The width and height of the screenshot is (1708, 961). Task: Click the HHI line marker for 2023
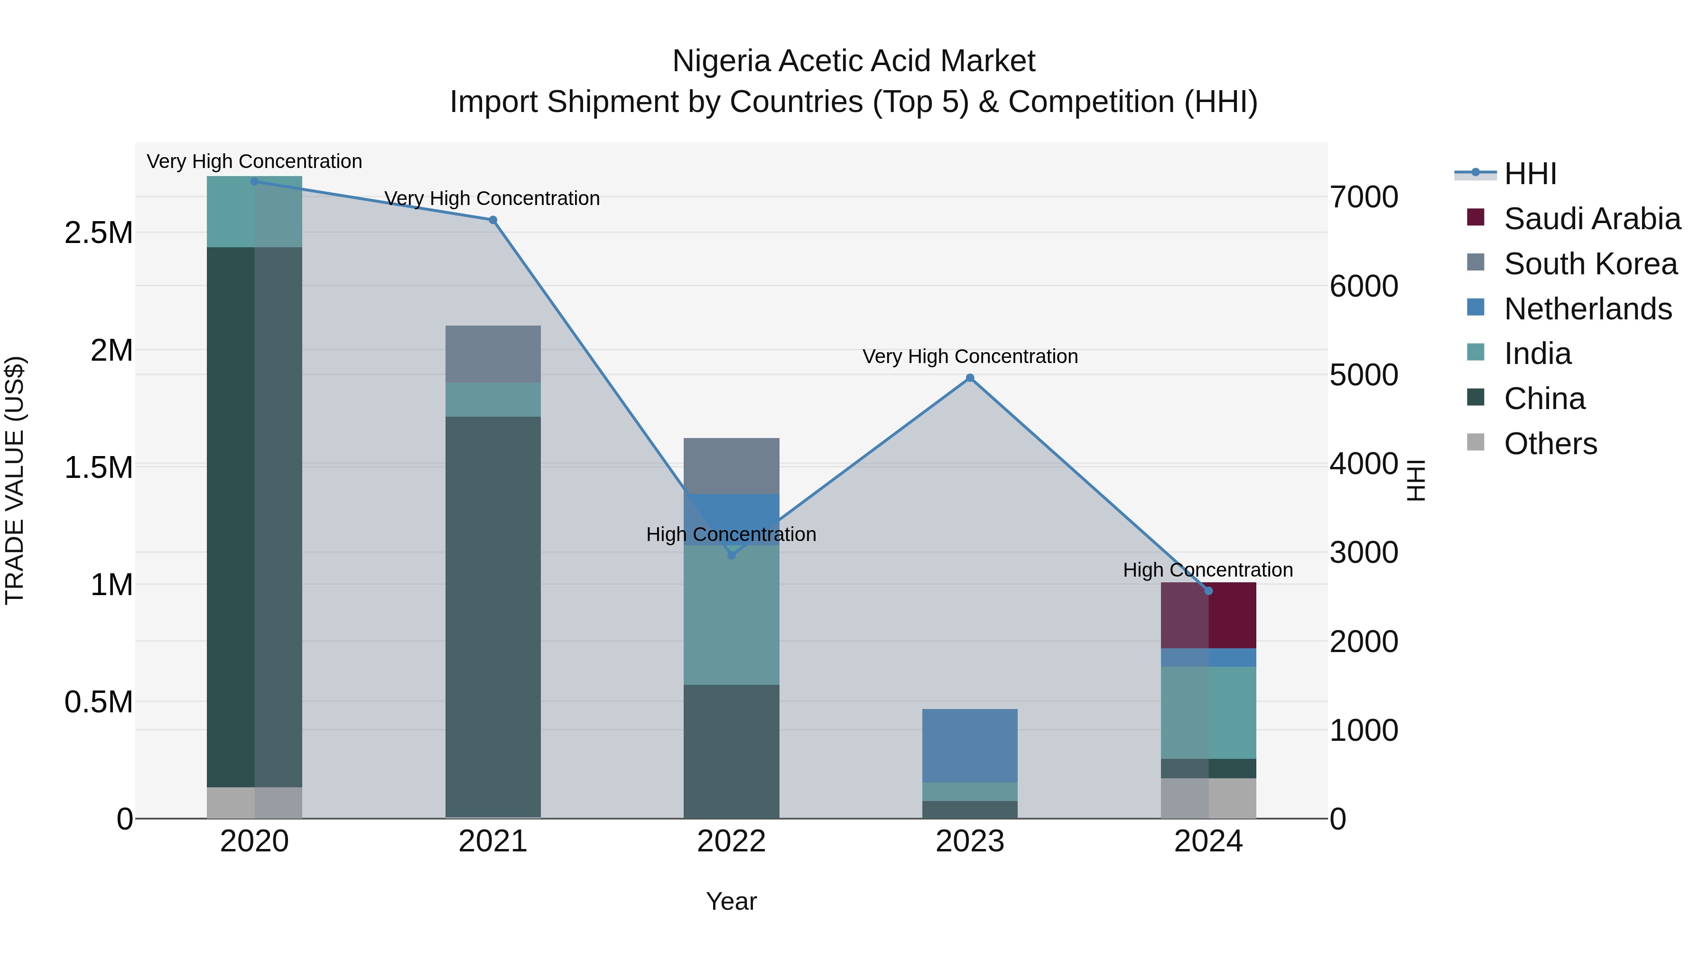970,378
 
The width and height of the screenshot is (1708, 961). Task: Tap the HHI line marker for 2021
492,220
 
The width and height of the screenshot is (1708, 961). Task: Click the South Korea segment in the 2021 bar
492,354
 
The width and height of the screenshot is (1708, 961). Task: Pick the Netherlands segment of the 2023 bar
970,746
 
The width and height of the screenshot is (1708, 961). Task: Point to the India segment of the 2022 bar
731,615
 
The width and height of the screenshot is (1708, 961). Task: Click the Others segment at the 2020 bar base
255,802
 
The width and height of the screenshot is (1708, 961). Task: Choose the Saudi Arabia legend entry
1592,219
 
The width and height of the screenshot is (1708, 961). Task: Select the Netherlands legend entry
1588,309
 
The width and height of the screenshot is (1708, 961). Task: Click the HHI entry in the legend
1530,174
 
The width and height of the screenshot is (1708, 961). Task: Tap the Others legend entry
1550,444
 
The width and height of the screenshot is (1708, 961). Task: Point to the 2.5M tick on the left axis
99,233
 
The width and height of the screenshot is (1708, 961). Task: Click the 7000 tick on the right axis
1364,197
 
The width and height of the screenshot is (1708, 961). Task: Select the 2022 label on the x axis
731,841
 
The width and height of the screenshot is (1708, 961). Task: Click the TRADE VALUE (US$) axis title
15,480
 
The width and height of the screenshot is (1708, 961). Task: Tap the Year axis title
731,901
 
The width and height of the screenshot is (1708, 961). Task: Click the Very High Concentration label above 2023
970,357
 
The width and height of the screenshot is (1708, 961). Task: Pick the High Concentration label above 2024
1207,570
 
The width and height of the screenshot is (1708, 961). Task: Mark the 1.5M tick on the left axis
99,467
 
